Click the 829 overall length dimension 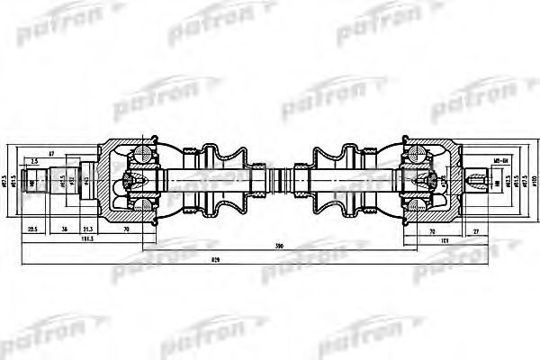pos(269,257)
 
